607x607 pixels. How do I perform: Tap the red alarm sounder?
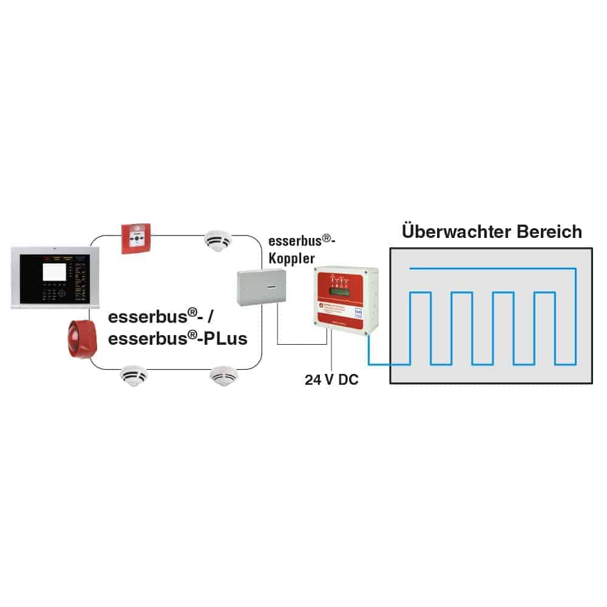78,339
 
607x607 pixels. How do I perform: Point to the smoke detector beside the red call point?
217,240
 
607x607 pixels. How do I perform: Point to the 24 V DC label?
331,381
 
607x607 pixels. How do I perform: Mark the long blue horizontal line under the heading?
492,268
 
